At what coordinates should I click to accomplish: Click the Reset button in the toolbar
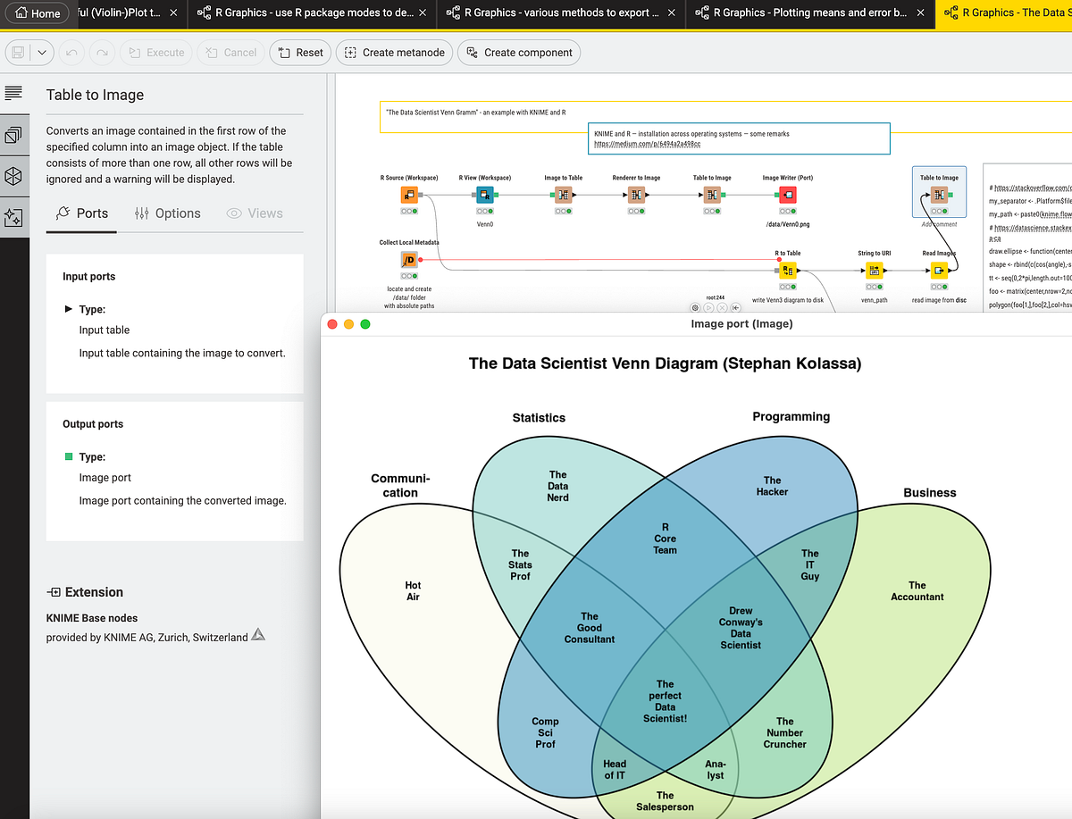300,53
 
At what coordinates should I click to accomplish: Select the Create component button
518,53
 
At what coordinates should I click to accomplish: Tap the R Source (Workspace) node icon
408,196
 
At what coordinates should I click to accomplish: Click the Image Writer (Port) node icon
787,196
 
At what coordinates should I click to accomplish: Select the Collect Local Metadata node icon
408,260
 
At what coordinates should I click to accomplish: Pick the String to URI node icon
874,271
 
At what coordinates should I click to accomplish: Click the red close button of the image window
332,323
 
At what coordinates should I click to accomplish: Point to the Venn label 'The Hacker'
772,486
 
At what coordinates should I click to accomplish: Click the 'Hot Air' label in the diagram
413,591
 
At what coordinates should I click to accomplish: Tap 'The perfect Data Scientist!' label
665,701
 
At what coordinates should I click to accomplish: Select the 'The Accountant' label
917,591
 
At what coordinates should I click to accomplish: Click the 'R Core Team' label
665,539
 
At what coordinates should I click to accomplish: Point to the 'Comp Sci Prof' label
545,732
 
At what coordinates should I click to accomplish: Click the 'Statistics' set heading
539,417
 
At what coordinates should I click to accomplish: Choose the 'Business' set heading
929,492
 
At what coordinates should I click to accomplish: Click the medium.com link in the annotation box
647,144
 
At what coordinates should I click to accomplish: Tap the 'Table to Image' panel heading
95,95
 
